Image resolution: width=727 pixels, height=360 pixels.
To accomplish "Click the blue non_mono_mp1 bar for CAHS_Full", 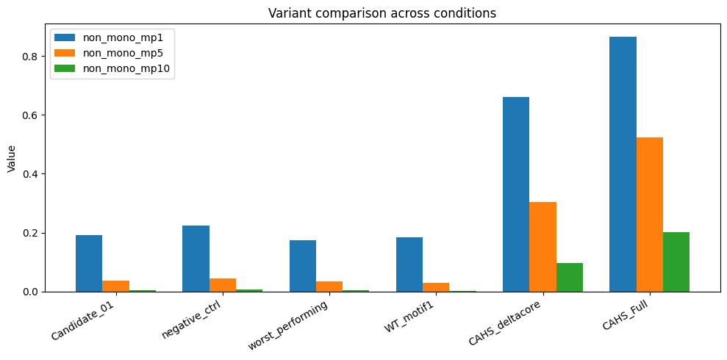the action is coord(623,165).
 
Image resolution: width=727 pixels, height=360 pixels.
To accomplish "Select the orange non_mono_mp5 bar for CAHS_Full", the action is coord(650,215).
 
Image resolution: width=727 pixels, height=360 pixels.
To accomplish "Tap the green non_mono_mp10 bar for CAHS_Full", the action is coord(676,262).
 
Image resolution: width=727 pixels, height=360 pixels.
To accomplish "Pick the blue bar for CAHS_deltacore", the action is coord(516,195).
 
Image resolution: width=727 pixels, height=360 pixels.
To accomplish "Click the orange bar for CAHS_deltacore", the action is coord(543,247).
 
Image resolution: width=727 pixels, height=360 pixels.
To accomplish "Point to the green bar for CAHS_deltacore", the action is coord(570,278).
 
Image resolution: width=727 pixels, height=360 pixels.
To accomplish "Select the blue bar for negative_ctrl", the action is coord(196,259).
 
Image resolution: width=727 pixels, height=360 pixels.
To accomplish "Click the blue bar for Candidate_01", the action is coord(89,264).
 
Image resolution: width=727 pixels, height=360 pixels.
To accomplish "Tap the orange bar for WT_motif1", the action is coord(436,287).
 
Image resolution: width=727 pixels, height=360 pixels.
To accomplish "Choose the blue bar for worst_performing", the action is coord(303,266).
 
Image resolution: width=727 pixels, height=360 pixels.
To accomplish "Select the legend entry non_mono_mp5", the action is coord(112,54).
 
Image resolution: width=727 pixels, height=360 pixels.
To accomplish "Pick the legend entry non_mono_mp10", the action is coord(114,68).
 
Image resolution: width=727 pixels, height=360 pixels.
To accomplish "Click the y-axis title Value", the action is coord(12,159).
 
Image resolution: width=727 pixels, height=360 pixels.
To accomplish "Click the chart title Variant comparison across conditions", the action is coord(382,13).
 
